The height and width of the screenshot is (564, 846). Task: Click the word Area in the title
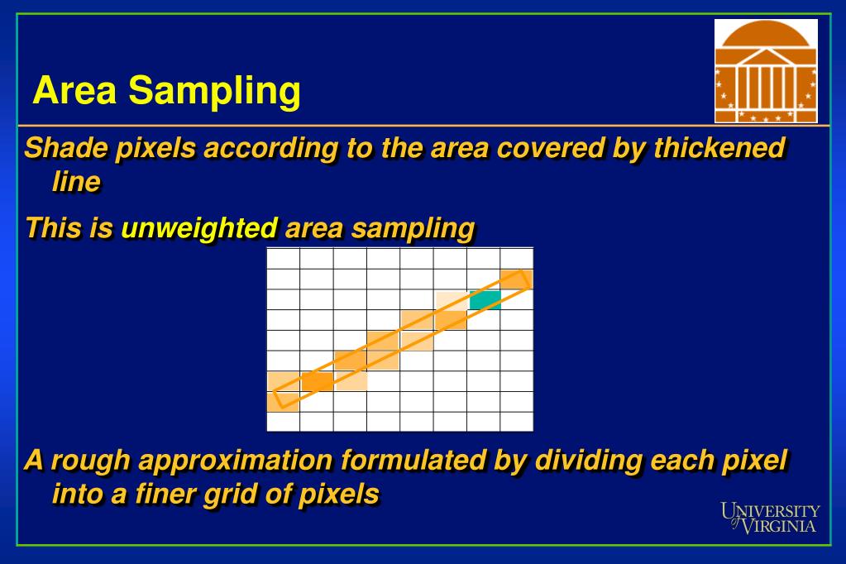pos(74,90)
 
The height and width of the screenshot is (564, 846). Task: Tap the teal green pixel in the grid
pos(485,300)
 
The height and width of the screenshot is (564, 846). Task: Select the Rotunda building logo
pos(766,71)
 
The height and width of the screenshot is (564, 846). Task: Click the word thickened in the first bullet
pos(719,148)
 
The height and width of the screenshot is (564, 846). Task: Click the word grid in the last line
pos(251,494)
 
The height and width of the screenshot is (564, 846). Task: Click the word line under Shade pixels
pos(76,182)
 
